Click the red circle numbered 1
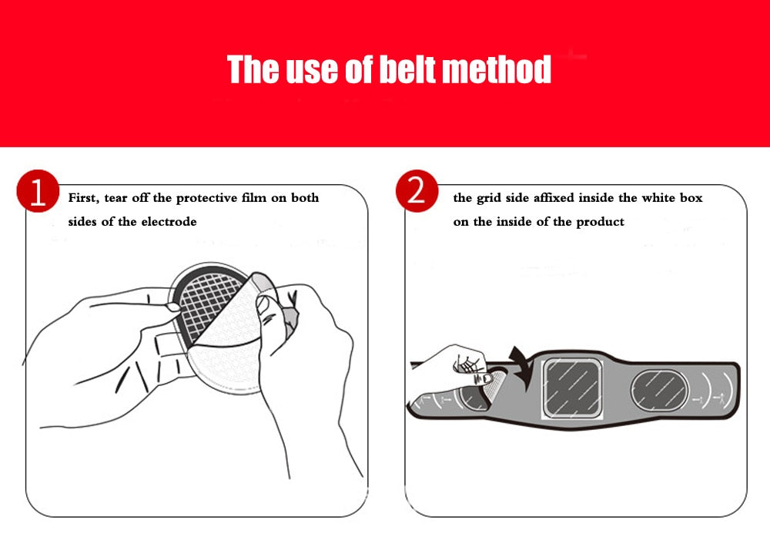point(38,191)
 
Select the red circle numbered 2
point(417,191)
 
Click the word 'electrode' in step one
point(169,222)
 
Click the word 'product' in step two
point(600,222)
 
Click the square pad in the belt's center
point(572,388)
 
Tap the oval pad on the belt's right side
point(659,391)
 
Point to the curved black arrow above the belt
point(521,366)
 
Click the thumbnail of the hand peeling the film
point(263,304)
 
